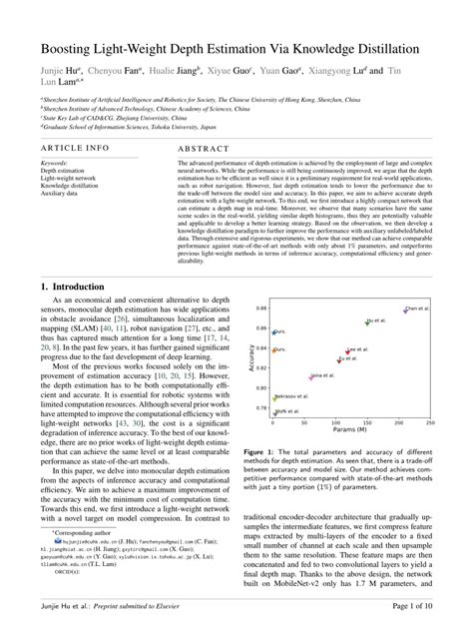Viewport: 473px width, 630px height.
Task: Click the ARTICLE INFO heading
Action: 76,147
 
